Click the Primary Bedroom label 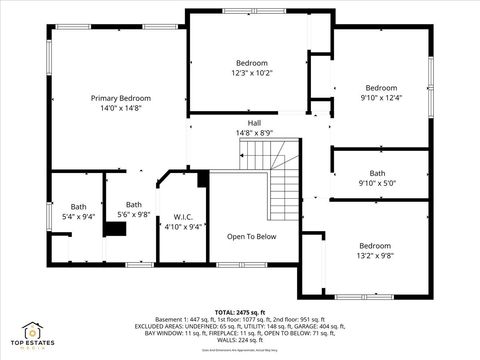click(x=120, y=98)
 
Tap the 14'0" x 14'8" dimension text click(x=120, y=108)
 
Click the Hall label click(x=254, y=123)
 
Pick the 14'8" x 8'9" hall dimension click(x=254, y=133)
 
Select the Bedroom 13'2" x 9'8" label click(x=375, y=250)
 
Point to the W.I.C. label click(x=183, y=217)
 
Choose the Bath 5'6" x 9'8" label click(x=133, y=209)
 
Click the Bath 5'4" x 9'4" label click(x=78, y=211)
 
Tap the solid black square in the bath click(x=116, y=228)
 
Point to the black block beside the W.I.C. click(x=203, y=179)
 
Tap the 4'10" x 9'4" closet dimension click(x=183, y=227)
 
